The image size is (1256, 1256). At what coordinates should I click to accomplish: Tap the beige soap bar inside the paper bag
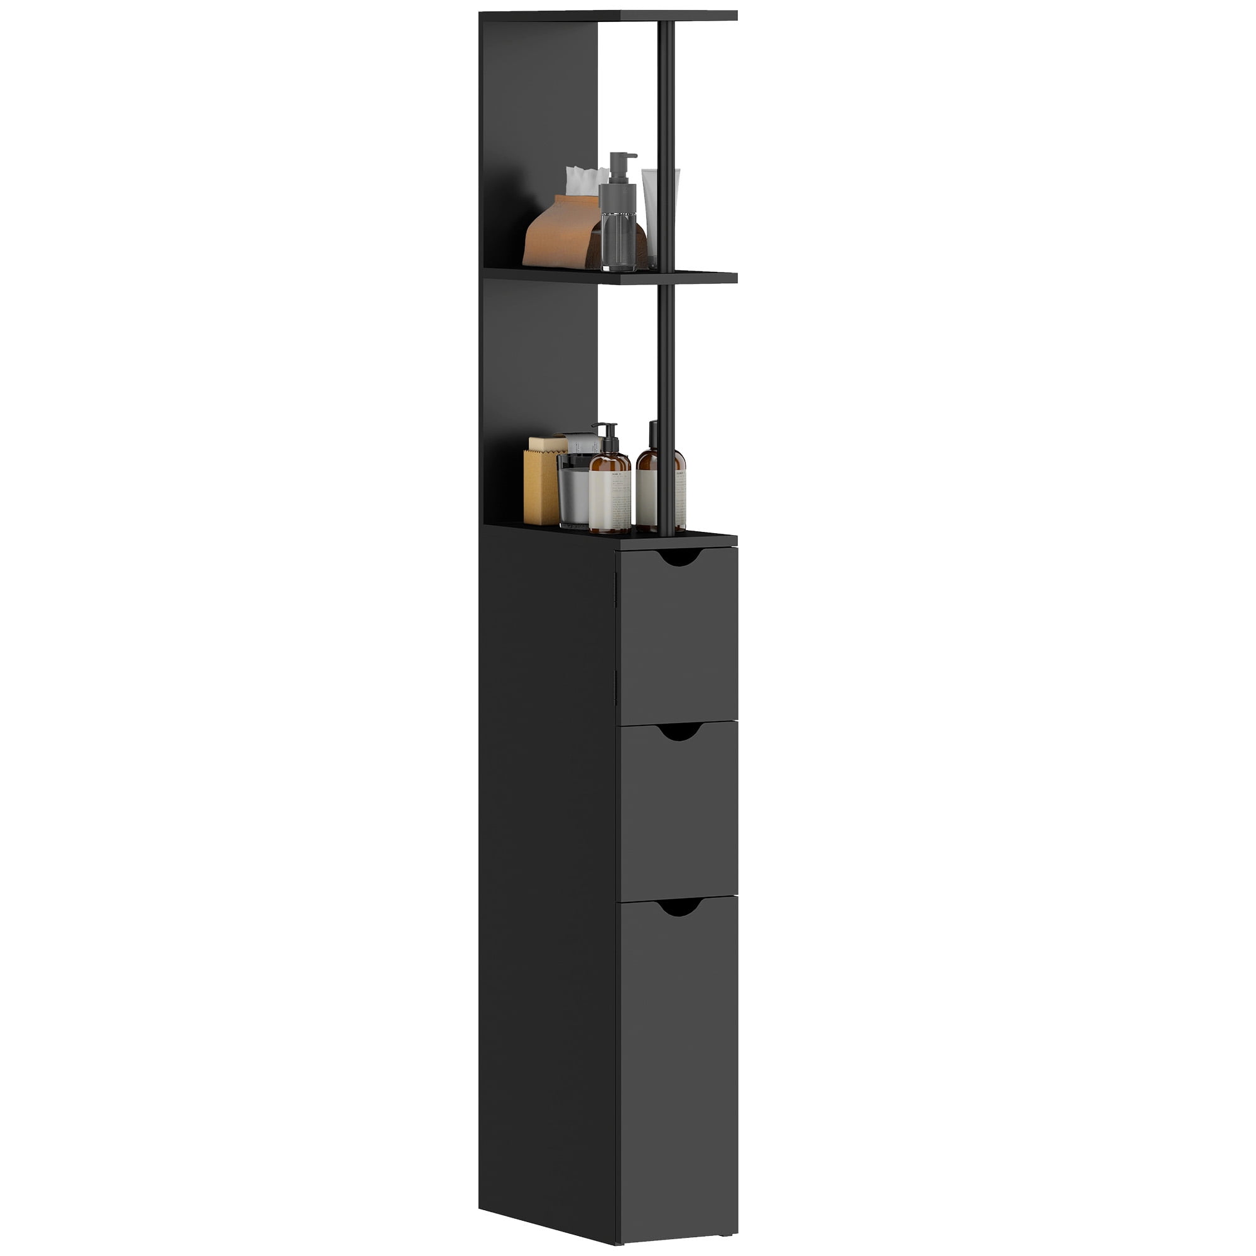548,443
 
